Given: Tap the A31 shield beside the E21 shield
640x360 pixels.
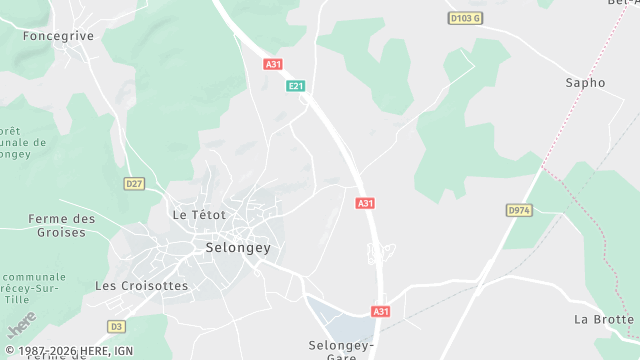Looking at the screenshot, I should (273, 64).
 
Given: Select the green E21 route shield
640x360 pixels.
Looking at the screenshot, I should (295, 86).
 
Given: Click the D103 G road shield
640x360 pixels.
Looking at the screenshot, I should (464, 18).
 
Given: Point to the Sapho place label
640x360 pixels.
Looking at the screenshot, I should (585, 83).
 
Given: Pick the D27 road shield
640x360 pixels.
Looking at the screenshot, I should (134, 183).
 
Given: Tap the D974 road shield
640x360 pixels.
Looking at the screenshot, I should (518, 210).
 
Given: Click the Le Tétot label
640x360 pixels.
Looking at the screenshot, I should (199, 214).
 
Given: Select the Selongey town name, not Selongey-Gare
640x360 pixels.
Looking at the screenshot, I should (238, 247).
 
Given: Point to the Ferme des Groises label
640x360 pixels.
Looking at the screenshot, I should (62, 225).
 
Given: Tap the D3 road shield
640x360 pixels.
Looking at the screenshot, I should (117, 326).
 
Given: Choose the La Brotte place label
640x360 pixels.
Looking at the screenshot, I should (604, 319).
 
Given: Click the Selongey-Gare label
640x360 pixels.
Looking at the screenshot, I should (340, 349).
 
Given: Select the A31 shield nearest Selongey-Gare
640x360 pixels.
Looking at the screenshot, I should (380, 311).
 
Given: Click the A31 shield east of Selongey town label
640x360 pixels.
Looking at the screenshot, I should (365, 203).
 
